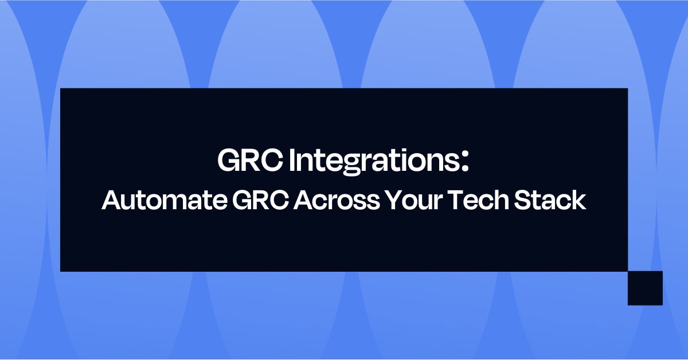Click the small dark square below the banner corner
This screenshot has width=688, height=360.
(645, 288)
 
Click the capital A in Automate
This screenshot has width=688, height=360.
(111, 201)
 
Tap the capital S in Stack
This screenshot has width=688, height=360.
(523, 201)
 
